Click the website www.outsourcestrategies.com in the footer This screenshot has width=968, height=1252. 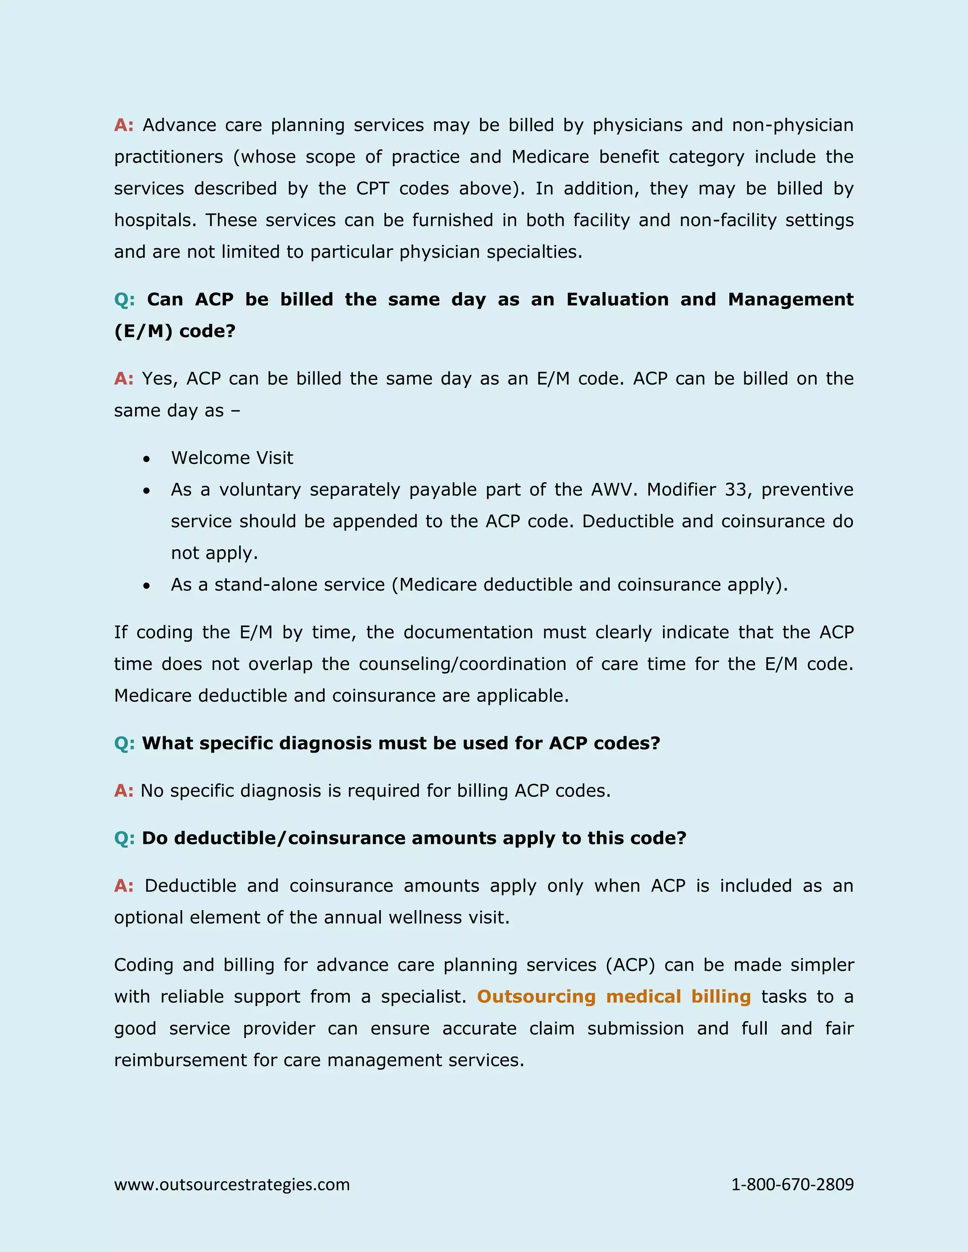coord(232,1184)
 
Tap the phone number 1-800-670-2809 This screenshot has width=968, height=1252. coord(792,1184)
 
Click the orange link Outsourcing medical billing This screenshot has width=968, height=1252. coord(614,996)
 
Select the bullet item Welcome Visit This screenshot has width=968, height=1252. coord(232,457)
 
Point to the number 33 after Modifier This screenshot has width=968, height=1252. coord(736,489)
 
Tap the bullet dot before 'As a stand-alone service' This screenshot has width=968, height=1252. coord(147,585)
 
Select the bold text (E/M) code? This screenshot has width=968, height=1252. coord(174,331)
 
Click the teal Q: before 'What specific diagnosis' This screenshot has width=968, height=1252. coord(124,743)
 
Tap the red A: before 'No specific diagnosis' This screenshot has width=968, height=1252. coord(123,790)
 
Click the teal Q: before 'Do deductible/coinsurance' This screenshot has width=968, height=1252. coord(124,838)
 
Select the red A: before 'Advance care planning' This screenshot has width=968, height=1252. coord(123,125)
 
